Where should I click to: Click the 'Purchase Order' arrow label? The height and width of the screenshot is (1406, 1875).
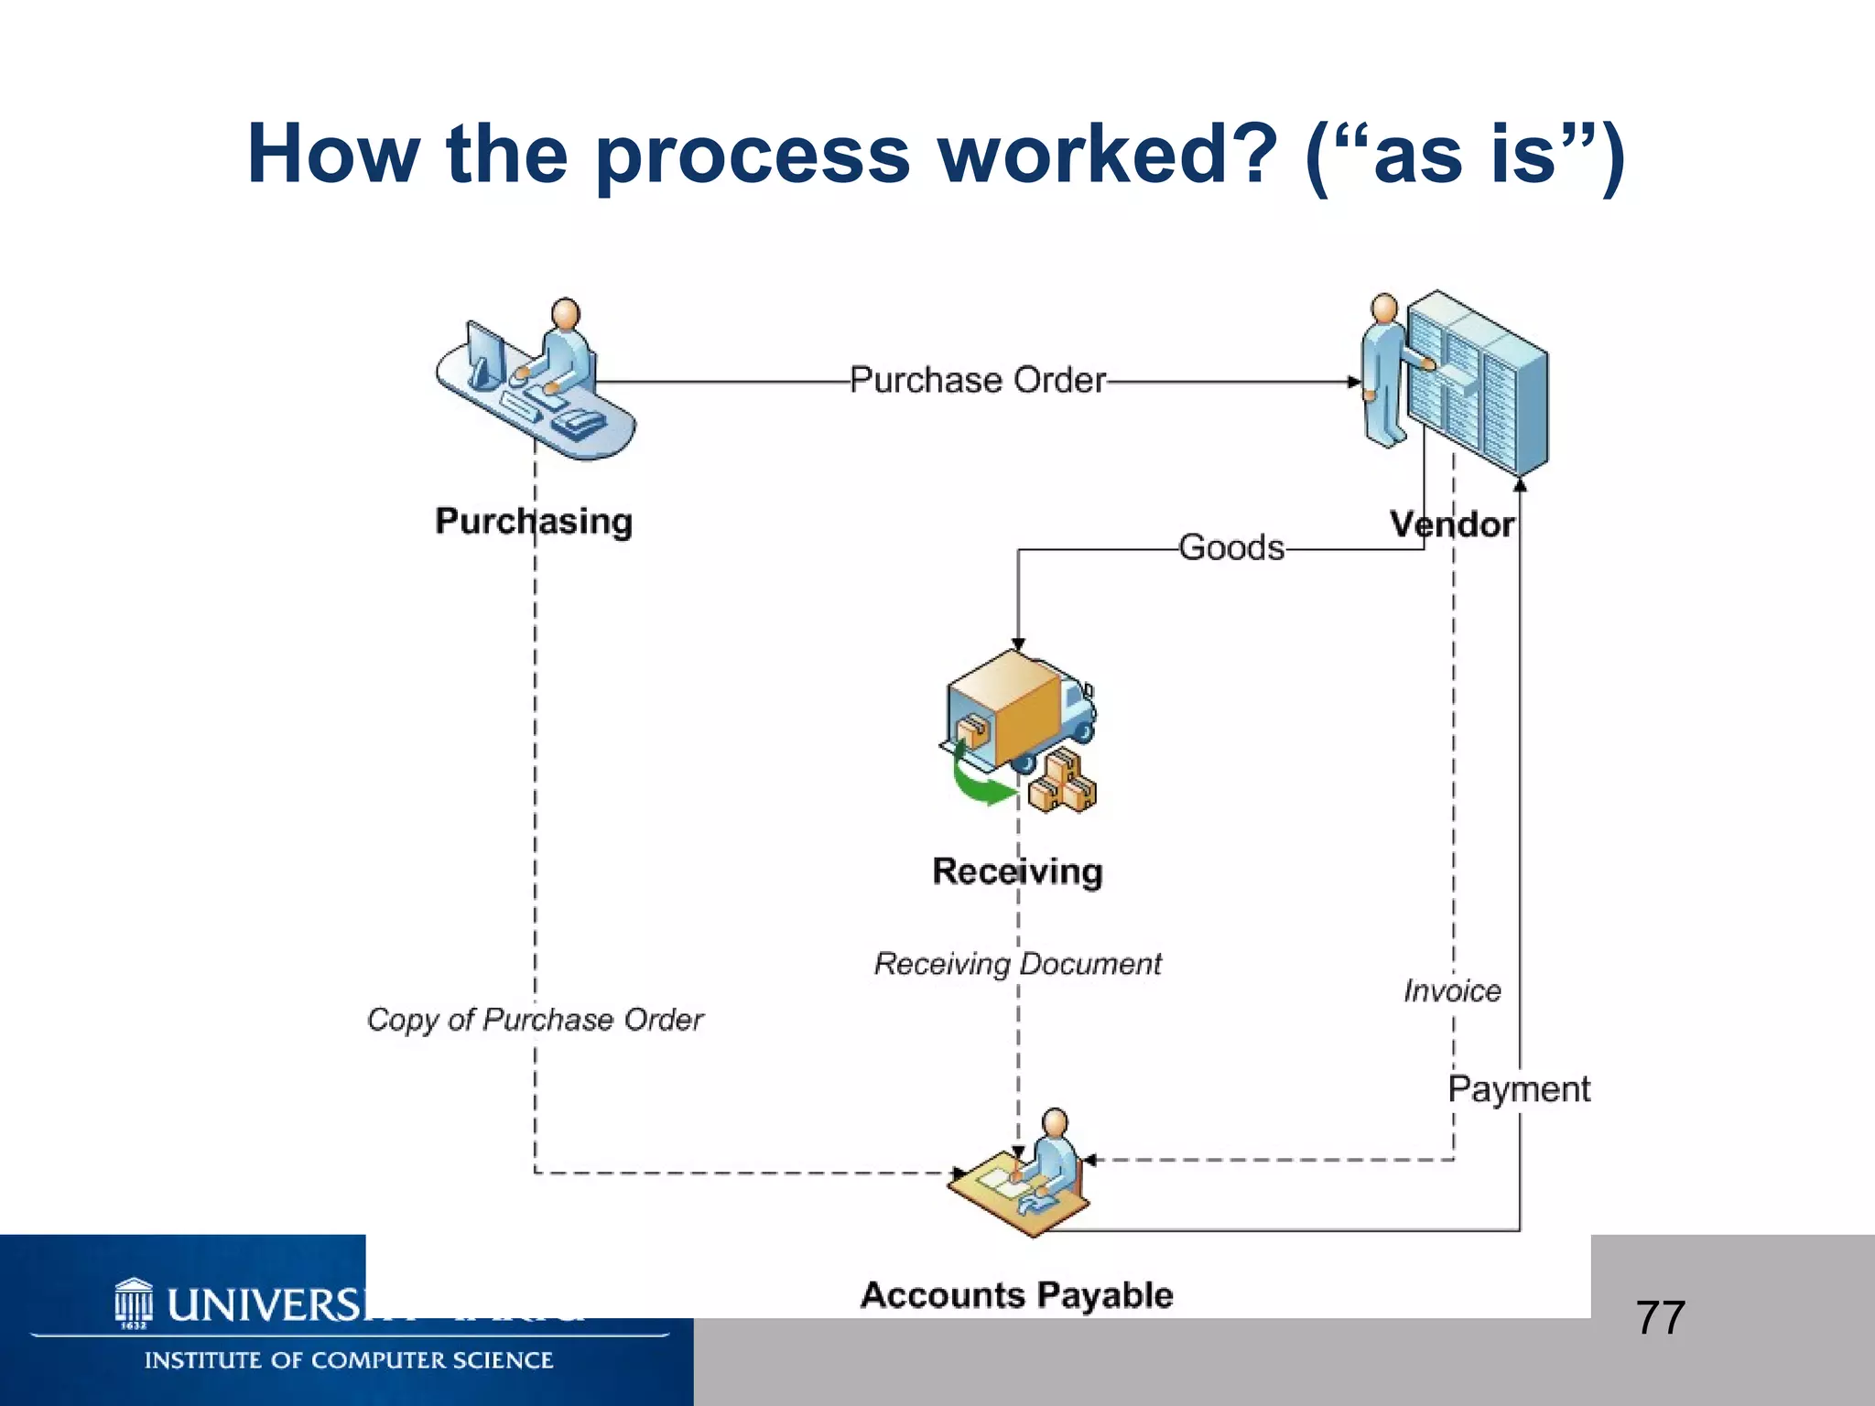977,380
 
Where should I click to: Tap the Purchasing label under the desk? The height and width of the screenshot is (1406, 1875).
533,521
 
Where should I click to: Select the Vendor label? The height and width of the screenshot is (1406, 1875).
1451,525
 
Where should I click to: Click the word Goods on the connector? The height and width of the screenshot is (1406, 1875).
1230,547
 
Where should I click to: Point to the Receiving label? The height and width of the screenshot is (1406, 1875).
1017,871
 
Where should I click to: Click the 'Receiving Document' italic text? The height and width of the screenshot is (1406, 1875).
1016,963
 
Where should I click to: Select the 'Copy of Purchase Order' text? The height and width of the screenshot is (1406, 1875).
535,1019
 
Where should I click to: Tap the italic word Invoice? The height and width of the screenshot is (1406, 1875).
1452,990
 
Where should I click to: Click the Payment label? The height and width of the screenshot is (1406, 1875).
1518,1089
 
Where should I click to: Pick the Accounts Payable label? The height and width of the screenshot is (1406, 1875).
1016,1294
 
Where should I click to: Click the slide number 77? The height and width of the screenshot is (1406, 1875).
1660,1318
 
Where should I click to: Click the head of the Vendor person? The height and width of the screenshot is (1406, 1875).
1384,308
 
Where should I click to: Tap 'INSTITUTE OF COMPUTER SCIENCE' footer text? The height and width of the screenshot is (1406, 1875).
348,1360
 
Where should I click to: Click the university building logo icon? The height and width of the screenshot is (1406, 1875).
134,1303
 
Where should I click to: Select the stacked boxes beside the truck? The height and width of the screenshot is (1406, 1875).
1062,783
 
